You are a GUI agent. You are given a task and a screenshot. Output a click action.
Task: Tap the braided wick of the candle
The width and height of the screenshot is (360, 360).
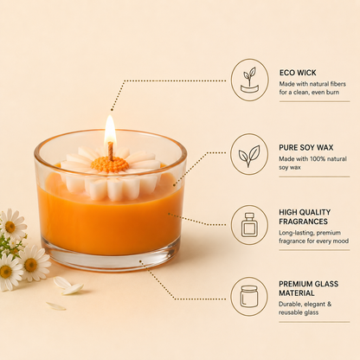(111, 151)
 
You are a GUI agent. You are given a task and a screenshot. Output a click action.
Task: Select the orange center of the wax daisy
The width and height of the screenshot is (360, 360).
(110, 164)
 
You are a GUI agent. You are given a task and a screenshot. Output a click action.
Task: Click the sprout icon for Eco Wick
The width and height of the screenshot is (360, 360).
(250, 80)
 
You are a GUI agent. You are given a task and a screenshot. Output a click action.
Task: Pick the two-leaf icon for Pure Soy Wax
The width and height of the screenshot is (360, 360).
(249, 156)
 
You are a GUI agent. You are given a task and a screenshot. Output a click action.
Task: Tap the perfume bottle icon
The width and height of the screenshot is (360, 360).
(249, 225)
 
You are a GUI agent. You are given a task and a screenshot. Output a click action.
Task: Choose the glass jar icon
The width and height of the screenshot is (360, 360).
(249, 296)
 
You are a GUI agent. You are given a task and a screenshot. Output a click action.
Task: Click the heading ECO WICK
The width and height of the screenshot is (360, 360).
(298, 73)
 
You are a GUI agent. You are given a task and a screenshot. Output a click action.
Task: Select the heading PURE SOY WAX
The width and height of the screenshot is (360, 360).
(306, 147)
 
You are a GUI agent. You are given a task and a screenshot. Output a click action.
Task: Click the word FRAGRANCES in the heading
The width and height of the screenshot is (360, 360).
(303, 222)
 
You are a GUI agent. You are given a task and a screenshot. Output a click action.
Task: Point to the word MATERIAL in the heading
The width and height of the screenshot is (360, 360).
(297, 293)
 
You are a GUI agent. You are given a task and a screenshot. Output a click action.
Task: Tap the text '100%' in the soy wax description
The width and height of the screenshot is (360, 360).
(318, 159)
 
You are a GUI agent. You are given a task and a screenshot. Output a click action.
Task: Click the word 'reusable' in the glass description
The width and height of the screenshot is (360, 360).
(289, 312)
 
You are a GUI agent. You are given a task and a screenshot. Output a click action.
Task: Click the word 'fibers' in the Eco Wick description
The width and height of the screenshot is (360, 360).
(338, 84)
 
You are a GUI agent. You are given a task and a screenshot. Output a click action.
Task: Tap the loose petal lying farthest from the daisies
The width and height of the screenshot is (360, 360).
(56, 306)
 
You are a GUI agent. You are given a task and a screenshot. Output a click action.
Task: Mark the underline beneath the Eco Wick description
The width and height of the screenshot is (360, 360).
(314, 101)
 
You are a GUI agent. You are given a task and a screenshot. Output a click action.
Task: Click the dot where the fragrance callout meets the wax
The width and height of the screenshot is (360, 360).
(169, 214)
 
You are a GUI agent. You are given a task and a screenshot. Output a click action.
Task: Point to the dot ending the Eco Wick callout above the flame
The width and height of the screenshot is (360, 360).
(112, 110)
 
